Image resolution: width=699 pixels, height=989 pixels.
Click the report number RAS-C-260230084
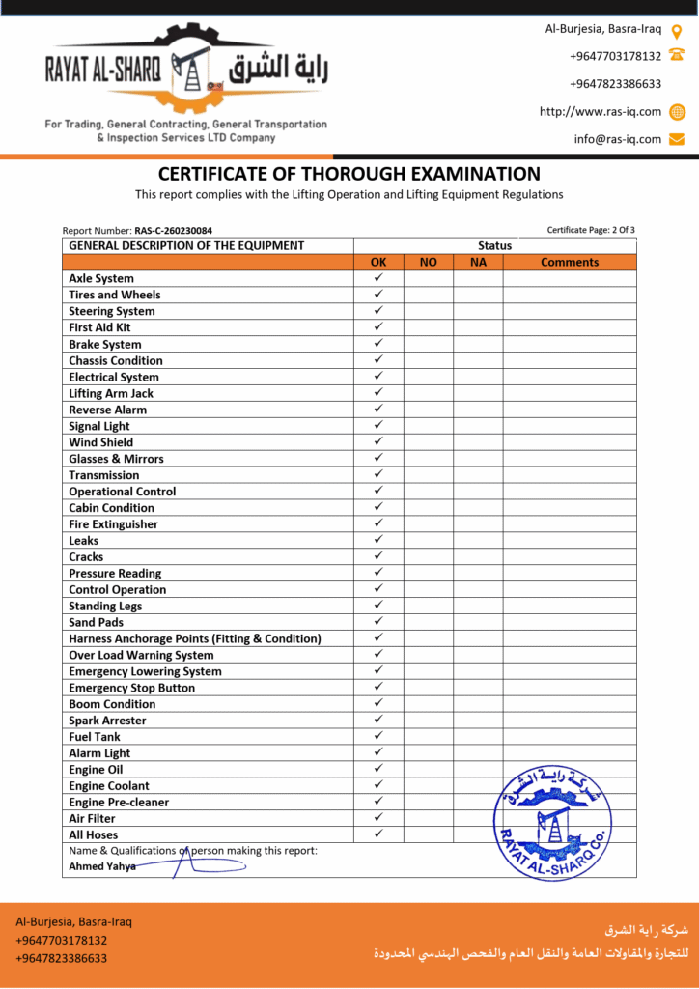click(174, 231)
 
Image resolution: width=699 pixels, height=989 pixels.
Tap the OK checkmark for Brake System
click(378, 343)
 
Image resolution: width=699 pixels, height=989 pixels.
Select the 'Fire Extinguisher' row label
click(113, 524)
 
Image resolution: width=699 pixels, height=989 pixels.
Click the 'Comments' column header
click(570, 262)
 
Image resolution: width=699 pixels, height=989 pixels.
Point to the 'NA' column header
click(478, 262)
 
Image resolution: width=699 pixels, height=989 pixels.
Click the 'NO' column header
click(429, 262)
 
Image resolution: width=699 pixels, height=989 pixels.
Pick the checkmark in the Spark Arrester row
click(378, 720)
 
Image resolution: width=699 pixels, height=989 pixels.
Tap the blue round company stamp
click(551, 824)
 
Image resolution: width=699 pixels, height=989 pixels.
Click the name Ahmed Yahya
click(102, 866)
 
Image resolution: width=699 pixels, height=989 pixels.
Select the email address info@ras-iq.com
click(618, 139)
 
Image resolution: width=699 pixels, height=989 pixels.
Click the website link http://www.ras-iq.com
click(601, 111)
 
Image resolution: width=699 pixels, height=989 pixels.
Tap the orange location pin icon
click(677, 30)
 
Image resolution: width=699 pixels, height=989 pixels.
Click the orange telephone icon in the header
click(677, 56)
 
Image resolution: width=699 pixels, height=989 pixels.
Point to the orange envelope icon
click(677, 139)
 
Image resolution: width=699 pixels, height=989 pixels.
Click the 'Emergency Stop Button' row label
click(131, 688)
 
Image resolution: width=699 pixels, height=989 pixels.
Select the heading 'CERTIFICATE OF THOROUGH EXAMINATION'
click(349, 174)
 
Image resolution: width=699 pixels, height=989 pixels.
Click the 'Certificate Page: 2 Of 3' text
click(591, 230)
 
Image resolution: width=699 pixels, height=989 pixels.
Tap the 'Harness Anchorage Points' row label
click(194, 638)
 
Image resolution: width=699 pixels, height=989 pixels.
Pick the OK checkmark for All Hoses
click(378, 834)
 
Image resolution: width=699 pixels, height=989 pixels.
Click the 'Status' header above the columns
click(494, 245)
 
